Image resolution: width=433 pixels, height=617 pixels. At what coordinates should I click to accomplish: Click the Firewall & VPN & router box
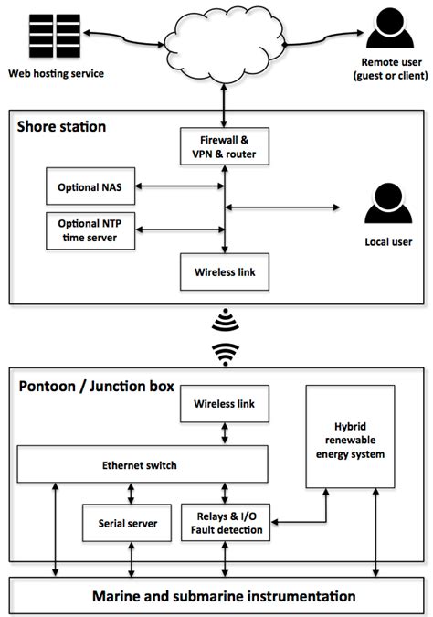point(225,147)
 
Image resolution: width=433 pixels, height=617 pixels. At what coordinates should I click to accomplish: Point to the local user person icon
point(384,205)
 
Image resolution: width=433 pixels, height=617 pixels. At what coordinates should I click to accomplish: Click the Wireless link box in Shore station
point(225,272)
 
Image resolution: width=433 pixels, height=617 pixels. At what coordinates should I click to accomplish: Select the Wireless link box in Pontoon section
point(225,403)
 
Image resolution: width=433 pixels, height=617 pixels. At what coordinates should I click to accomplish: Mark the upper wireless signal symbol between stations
point(225,320)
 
